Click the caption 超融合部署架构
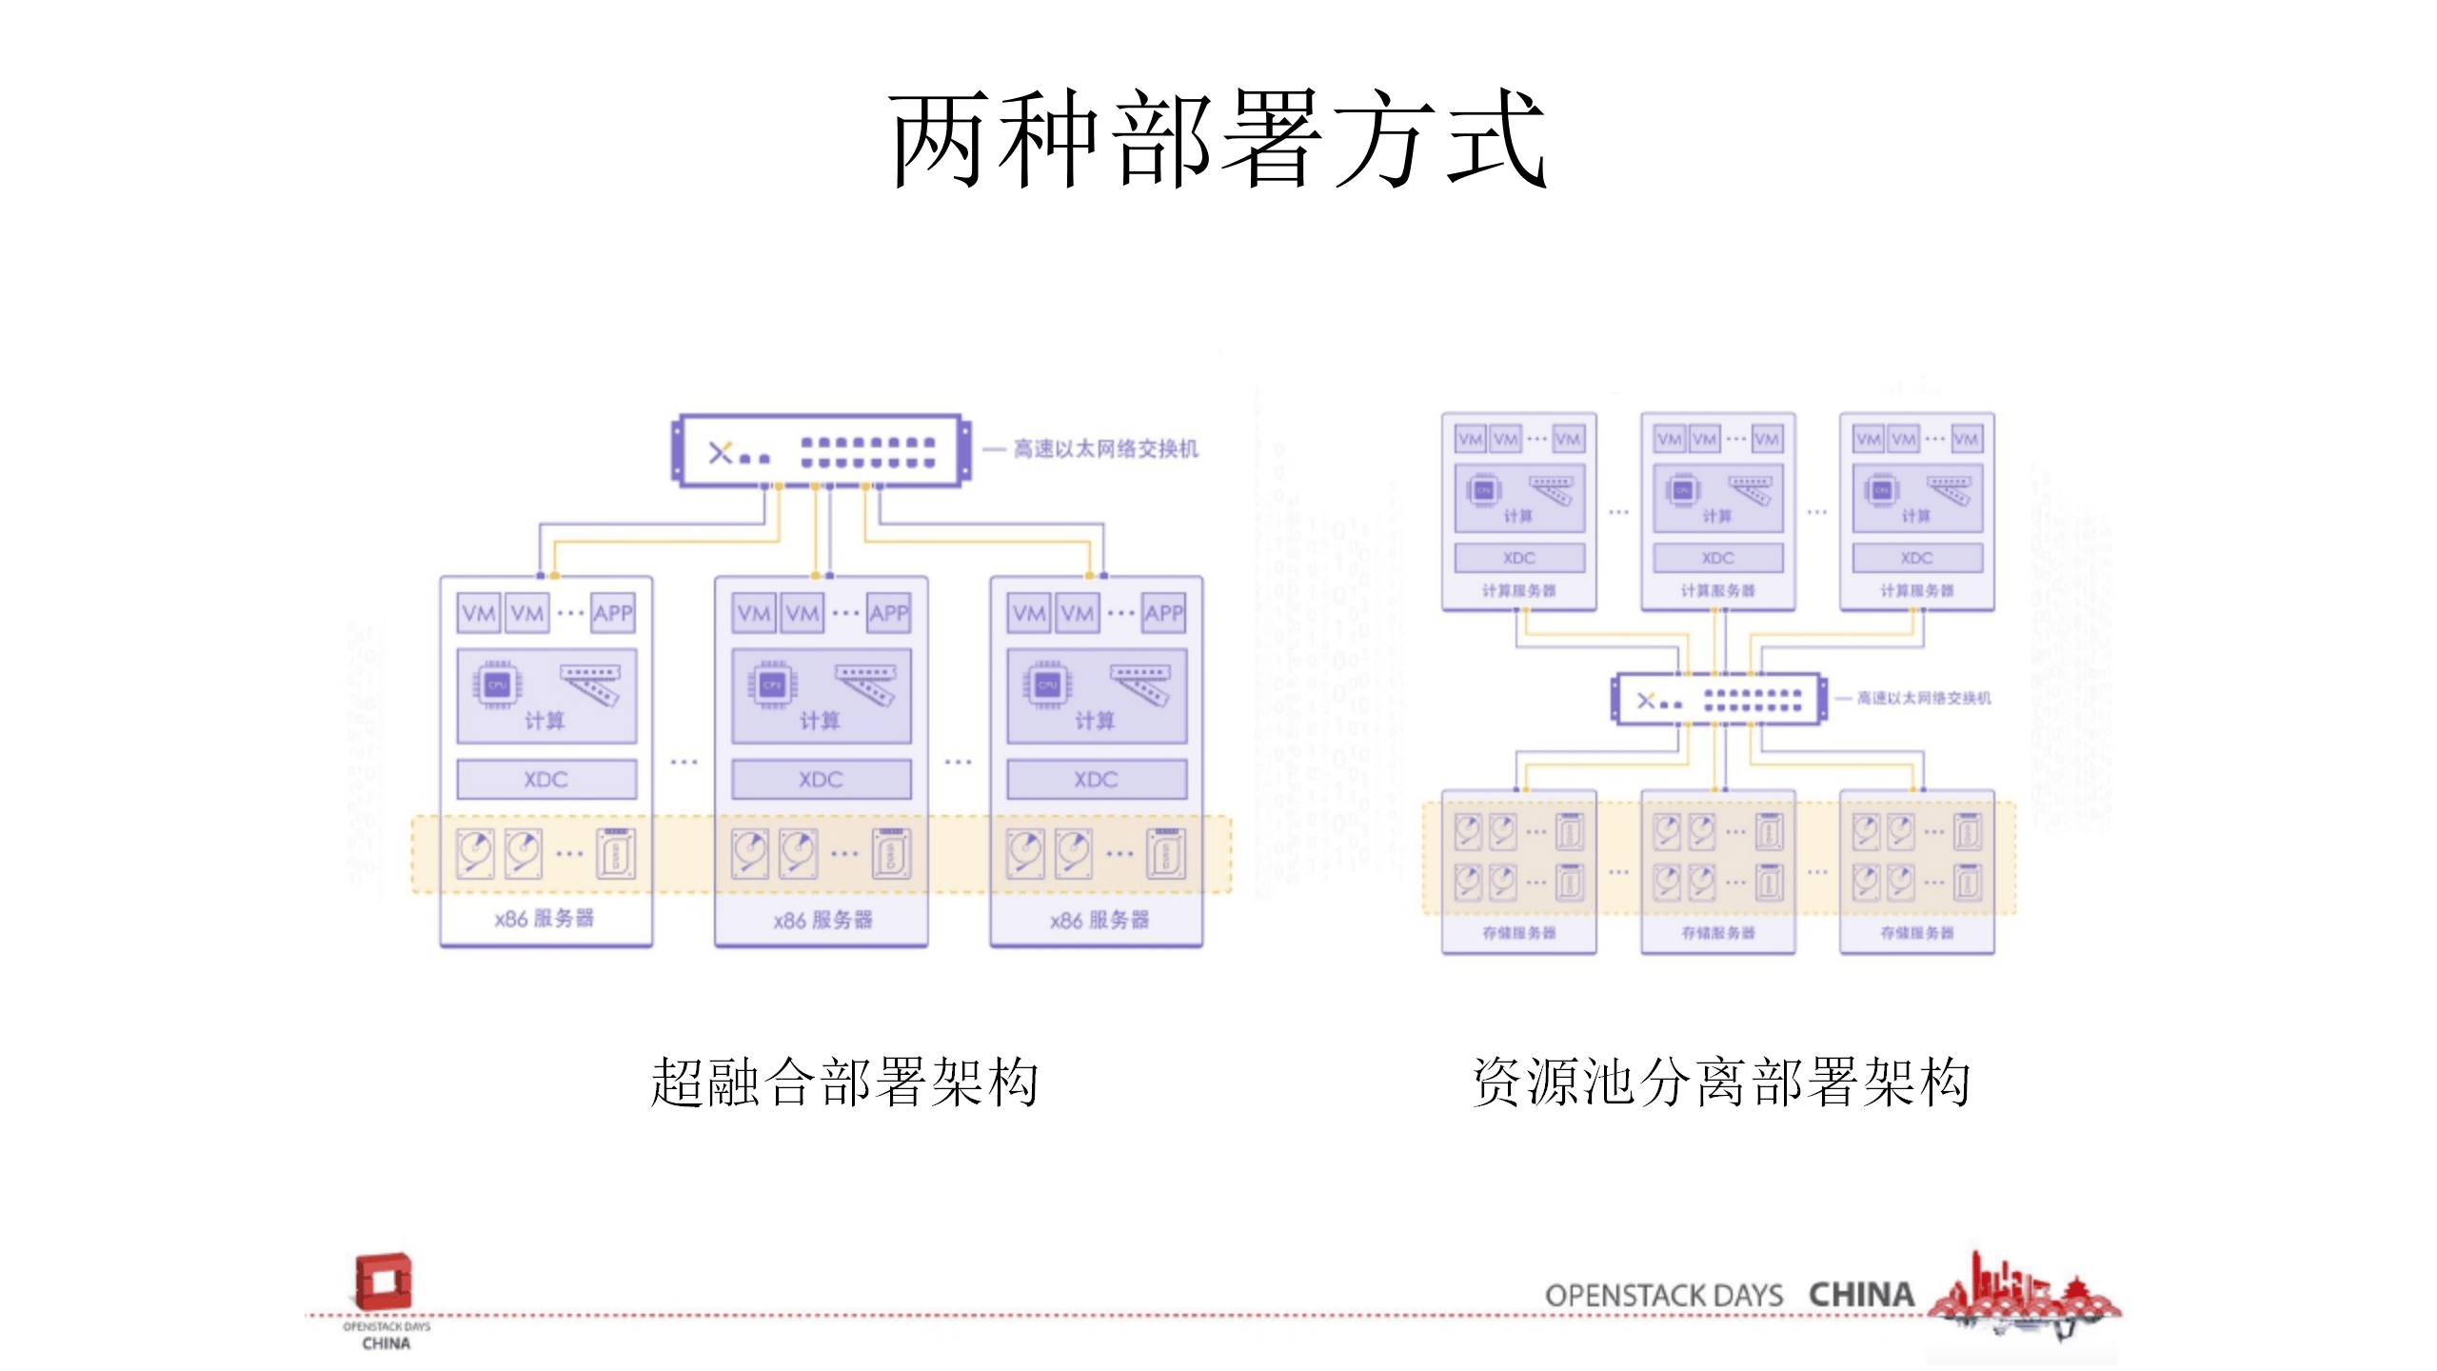(844, 1083)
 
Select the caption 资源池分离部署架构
(1721, 1083)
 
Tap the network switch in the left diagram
(822, 450)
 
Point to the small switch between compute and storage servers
(1719, 700)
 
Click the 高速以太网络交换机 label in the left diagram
(1105, 448)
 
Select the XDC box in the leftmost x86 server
(546, 780)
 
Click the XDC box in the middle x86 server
(821, 780)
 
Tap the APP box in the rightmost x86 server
(1163, 613)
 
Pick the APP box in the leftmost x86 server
(613, 613)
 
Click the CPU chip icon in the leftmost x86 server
(497, 685)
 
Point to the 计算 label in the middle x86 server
(820, 721)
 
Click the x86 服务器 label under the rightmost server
(1100, 920)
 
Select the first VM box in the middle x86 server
(754, 613)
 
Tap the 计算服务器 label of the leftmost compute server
(1518, 591)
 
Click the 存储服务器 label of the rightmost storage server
(1916, 933)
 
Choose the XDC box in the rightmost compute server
(1916, 558)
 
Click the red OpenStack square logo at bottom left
(383, 1281)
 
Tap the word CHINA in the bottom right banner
(1861, 1295)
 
